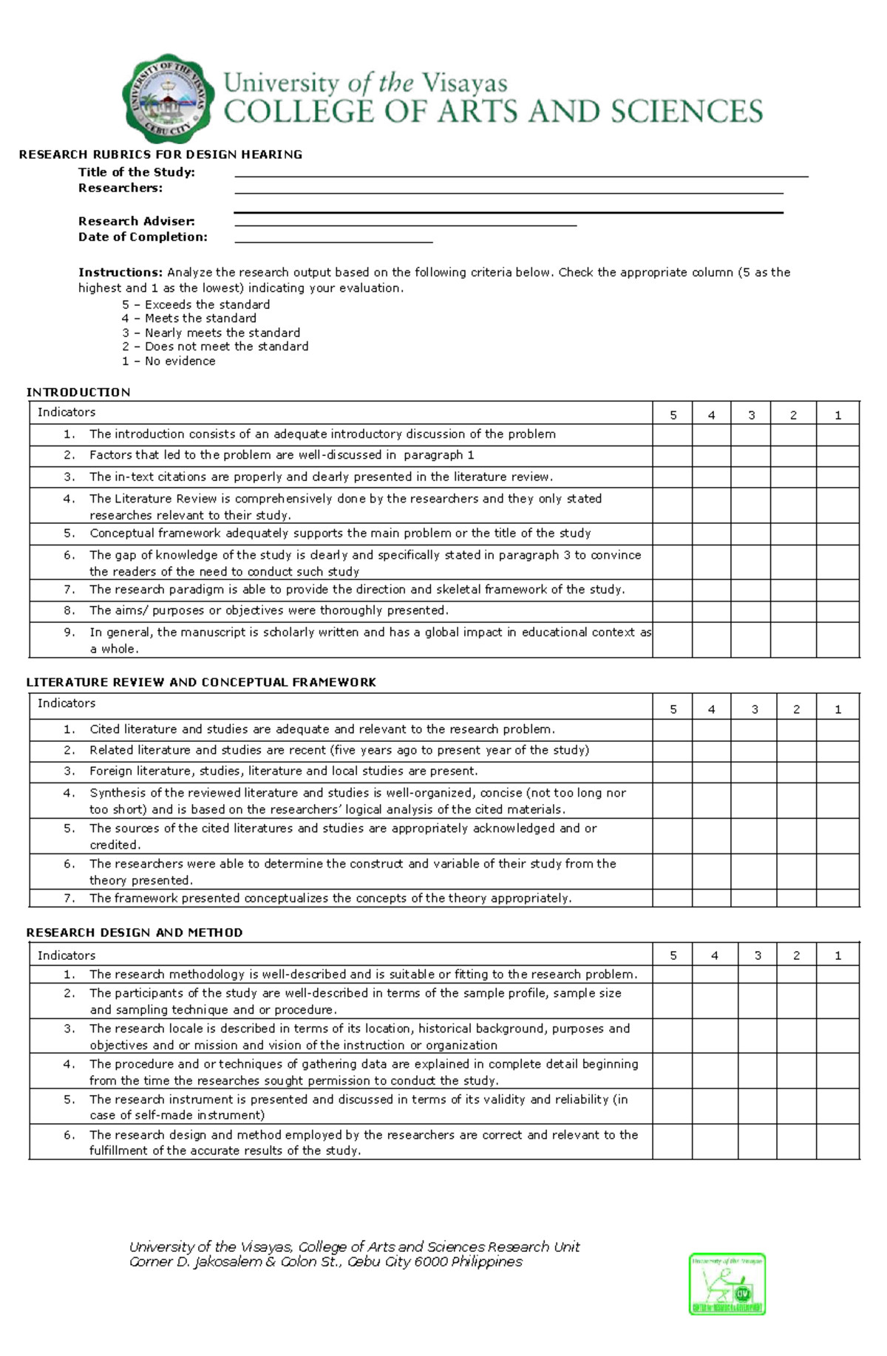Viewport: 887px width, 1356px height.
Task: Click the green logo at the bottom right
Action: click(727, 1284)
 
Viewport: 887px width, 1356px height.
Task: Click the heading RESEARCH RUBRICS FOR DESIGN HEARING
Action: click(160, 154)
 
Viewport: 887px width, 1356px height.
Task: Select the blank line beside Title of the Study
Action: click(520, 175)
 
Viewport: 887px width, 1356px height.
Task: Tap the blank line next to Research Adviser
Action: click(405, 224)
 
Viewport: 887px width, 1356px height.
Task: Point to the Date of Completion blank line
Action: click(333, 240)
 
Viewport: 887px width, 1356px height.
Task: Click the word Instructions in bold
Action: click(120, 272)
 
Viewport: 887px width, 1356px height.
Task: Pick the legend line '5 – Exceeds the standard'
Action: click(196, 304)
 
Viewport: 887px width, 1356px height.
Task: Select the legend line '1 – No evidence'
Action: click(169, 361)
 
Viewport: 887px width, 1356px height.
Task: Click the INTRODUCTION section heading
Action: click(78, 392)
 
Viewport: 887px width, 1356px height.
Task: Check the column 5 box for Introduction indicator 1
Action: click(672, 435)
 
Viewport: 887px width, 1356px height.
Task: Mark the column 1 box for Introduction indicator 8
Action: click(837, 611)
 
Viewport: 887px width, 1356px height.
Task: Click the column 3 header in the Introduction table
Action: click(751, 415)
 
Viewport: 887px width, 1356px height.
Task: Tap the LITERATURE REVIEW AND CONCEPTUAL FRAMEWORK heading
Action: click(201, 682)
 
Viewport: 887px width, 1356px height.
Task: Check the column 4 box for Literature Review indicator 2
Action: click(711, 751)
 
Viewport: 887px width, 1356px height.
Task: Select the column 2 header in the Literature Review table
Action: click(796, 709)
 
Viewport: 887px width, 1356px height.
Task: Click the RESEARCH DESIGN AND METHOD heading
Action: click(135, 933)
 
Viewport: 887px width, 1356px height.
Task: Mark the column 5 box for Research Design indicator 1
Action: click(672, 974)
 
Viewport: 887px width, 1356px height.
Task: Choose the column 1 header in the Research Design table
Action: click(837, 955)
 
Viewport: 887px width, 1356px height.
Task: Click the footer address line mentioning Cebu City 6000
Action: click(325, 1262)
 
